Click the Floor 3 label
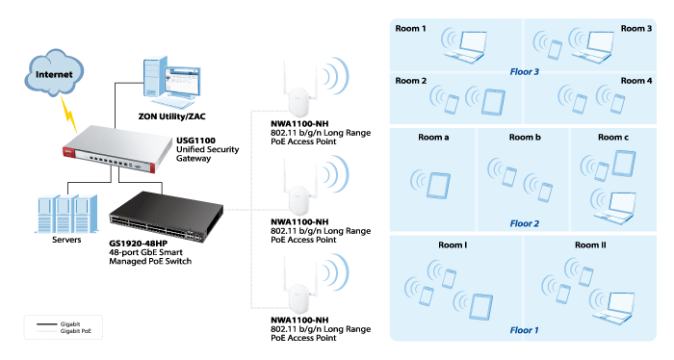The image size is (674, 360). point(525,71)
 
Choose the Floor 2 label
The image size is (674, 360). point(525,223)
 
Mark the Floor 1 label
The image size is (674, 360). point(525,329)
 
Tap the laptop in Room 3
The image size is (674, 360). point(597,44)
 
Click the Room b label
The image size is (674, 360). point(525,139)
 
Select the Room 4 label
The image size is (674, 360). point(636,80)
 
